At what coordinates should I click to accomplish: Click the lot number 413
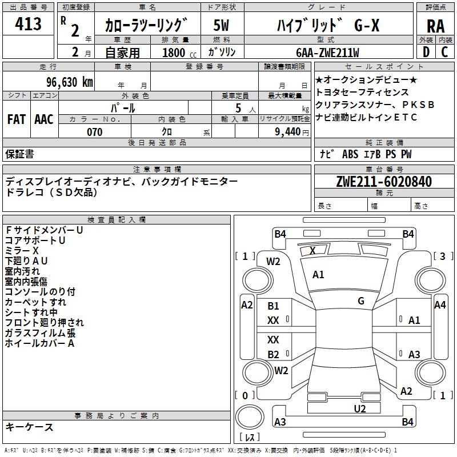29,24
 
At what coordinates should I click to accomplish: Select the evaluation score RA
435,26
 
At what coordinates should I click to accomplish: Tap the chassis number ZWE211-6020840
384,182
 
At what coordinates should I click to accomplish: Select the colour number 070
94,132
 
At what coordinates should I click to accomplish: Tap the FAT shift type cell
16,119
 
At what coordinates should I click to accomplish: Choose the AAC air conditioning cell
44,119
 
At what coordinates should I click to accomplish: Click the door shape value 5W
221,26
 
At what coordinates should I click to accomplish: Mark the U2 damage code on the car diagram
359,408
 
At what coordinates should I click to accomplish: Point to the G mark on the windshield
361,300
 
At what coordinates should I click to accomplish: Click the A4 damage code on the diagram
439,305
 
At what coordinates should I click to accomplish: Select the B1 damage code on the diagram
274,306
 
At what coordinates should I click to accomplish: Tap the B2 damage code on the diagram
274,354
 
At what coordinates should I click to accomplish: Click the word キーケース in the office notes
30,427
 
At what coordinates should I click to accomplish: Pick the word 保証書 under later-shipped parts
19,154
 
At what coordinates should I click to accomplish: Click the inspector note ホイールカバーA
39,343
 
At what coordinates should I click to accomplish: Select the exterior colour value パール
123,107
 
